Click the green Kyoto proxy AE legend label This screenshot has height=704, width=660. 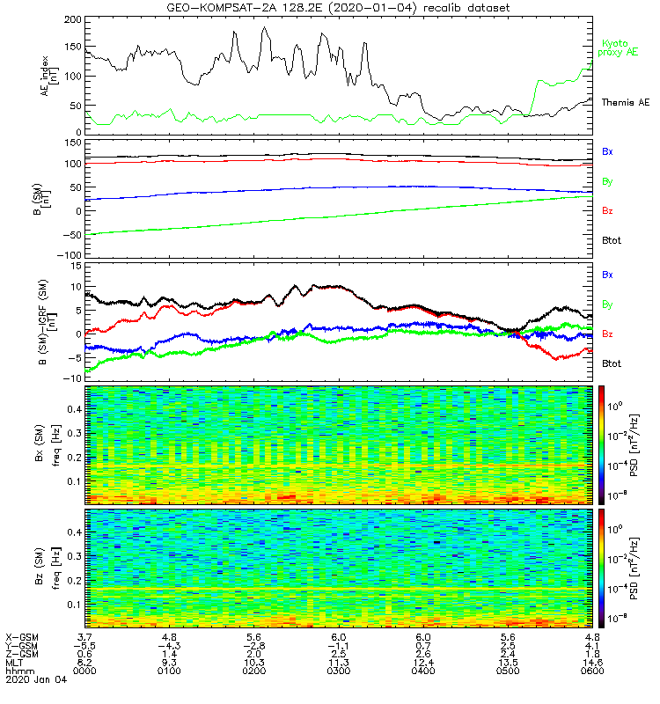[620, 48]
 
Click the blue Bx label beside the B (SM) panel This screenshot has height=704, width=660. [607, 151]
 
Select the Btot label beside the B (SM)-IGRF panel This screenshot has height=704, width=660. [612, 363]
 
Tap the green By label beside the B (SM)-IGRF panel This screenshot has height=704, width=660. [607, 304]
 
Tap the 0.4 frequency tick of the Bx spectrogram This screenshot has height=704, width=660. [75, 409]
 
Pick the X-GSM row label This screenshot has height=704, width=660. [21, 636]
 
